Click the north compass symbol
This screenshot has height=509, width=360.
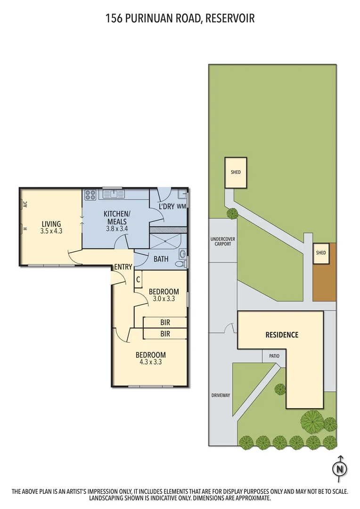(339, 468)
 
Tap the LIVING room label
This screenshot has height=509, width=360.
(51, 224)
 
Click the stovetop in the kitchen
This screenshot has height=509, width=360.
(90, 193)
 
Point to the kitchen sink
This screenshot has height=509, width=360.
(113, 193)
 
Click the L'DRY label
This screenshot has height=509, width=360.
(166, 206)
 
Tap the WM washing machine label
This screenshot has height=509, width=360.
(181, 206)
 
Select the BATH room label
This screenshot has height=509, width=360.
(161, 258)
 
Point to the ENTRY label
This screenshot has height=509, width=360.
(123, 267)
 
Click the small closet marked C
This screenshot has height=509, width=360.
(138, 279)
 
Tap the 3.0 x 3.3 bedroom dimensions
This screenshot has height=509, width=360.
(164, 298)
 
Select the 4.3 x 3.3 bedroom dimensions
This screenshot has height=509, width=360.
(150, 362)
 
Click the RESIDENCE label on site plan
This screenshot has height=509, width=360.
(282, 335)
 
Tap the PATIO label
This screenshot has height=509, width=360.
(274, 356)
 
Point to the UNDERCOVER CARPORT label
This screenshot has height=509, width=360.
(223, 242)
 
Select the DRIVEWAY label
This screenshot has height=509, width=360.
(221, 395)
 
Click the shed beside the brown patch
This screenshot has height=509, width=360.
(321, 253)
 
